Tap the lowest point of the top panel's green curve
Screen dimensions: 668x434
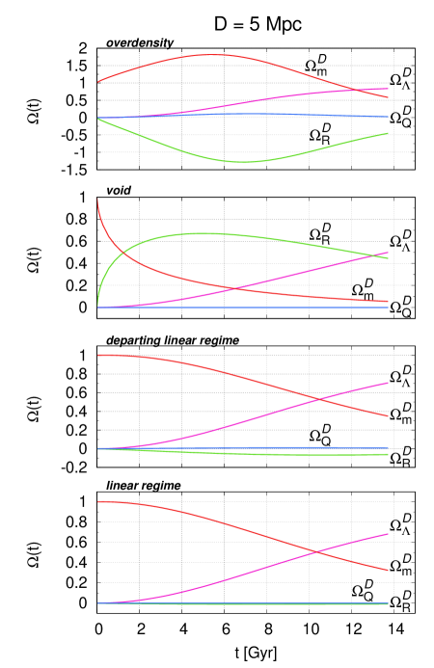coord(244,162)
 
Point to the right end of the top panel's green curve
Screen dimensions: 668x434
coord(388,133)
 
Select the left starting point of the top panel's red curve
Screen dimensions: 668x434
coord(98,82)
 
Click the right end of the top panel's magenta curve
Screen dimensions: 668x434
coord(388,89)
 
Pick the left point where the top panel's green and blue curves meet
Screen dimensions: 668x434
coord(98,119)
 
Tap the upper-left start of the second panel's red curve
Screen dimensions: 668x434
coord(98,200)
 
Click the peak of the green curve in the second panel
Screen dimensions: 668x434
coord(206,233)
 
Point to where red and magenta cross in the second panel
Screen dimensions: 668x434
coord(234,287)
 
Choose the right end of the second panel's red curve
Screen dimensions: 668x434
coord(388,302)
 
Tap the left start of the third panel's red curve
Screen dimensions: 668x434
coord(98,355)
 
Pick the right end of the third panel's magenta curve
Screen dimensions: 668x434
coord(388,383)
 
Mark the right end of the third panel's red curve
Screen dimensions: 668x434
coord(388,416)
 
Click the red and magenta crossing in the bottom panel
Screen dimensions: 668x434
coord(315,551)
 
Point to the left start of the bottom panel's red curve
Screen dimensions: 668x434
coord(98,501)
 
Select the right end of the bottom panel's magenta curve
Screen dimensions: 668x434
coord(388,533)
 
